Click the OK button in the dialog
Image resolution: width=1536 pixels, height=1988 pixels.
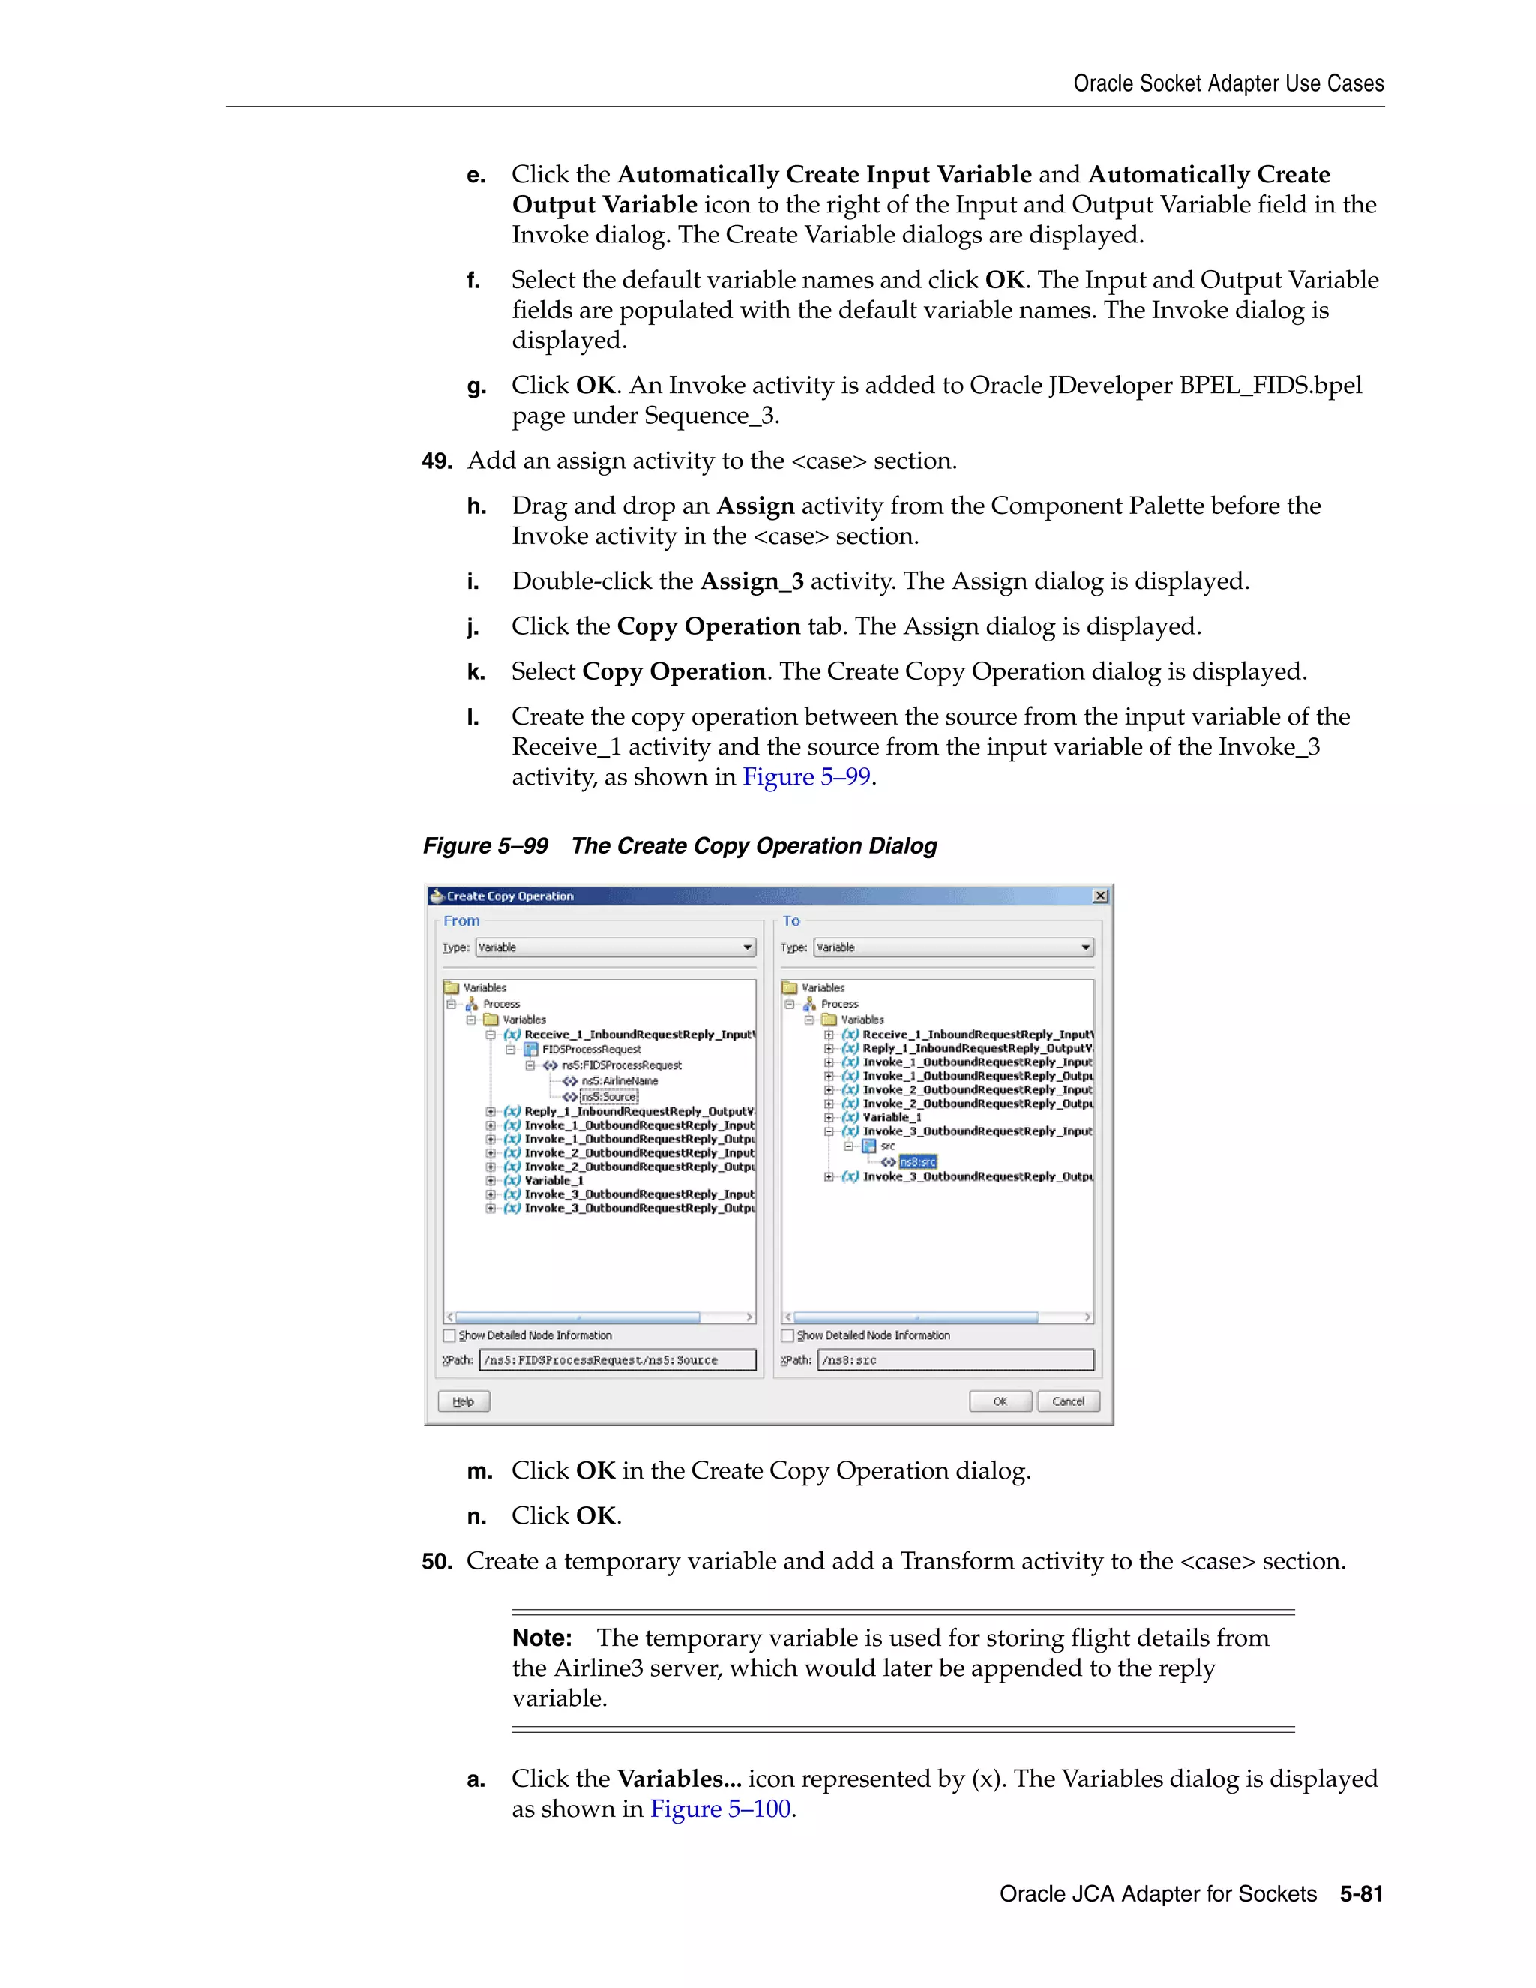coord(999,1401)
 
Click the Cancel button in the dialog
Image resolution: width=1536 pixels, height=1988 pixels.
coord(1067,1401)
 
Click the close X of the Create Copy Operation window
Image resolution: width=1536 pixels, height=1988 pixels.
coord(1100,896)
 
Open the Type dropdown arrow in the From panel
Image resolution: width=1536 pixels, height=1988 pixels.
coord(747,947)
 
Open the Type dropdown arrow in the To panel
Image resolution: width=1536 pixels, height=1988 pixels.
coord(1084,947)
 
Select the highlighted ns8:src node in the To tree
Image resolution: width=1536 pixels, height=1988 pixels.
coord(917,1161)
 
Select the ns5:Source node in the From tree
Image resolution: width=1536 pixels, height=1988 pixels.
coord(609,1097)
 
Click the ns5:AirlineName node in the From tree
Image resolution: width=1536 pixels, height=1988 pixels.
coord(619,1080)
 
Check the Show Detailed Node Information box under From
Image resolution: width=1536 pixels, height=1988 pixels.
coord(449,1335)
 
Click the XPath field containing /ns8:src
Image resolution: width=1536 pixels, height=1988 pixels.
coord(955,1360)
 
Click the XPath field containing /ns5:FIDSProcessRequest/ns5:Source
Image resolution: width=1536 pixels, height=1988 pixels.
coord(618,1360)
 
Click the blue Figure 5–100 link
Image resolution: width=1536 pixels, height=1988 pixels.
coord(721,1809)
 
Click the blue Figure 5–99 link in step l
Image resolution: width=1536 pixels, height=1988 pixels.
coord(806,776)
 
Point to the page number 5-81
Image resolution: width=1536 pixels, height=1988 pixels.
coord(1360,1894)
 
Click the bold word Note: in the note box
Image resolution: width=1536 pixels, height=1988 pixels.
coord(541,1638)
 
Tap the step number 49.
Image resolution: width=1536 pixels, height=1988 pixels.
coord(436,461)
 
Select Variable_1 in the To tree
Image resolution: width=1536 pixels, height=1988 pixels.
coord(892,1117)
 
